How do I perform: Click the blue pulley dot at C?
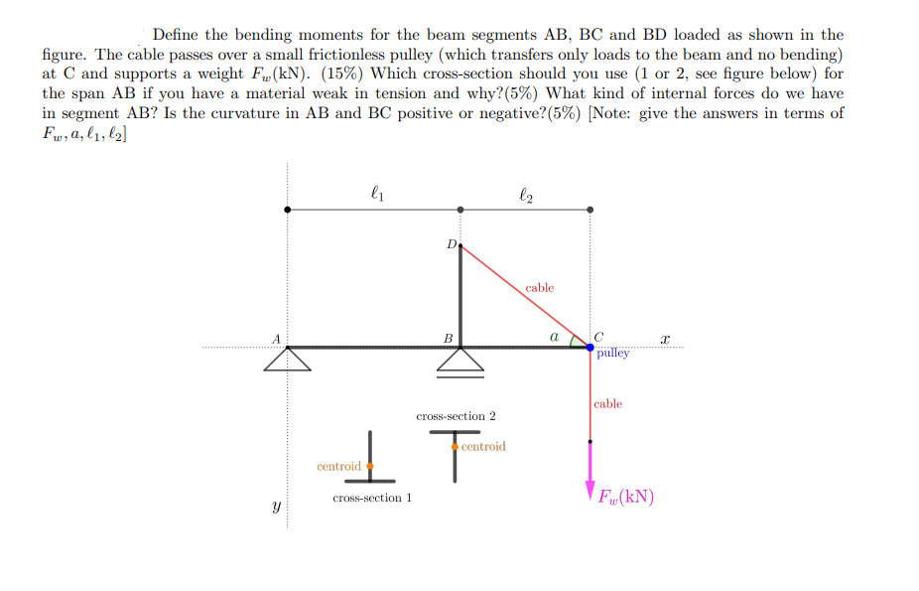(x=590, y=347)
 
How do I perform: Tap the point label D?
(x=452, y=244)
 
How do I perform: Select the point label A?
(x=276, y=339)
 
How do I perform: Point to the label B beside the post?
(x=449, y=339)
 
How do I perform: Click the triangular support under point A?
(x=287, y=359)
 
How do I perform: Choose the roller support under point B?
(x=460, y=363)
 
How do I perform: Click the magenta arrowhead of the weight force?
(x=591, y=492)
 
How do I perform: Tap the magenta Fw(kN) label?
(x=626, y=498)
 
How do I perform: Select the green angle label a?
(x=554, y=337)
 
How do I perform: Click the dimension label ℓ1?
(x=377, y=193)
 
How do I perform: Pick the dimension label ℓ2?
(x=526, y=195)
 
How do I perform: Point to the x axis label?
(x=665, y=339)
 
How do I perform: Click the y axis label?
(x=277, y=506)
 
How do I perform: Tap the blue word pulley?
(x=613, y=353)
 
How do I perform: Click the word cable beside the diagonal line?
(x=539, y=288)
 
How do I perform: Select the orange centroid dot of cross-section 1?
(x=370, y=466)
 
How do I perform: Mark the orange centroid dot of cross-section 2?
(x=455, y=447)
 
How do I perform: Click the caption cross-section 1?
(x=372, y=498)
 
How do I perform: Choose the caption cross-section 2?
(x=456, y=416)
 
